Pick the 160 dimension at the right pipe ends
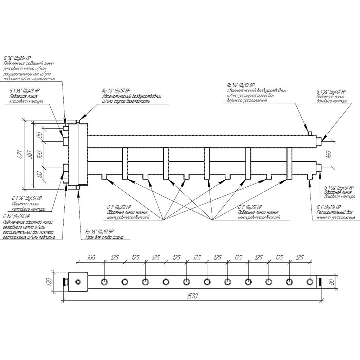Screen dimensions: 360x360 point(329,154)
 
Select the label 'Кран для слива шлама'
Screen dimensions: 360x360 point(104,237)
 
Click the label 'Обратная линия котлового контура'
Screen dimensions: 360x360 point(28,206)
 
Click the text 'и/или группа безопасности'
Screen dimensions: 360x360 point(126,101)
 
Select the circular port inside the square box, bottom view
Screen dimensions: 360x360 point(78,282)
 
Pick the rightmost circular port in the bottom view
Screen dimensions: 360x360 point(310,282)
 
